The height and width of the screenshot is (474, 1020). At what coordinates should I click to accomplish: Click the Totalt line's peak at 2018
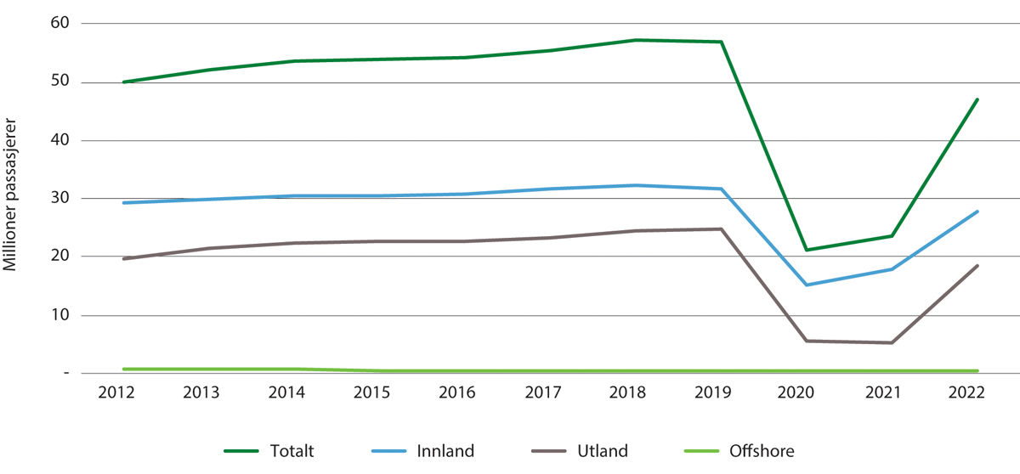(x=636, y=40)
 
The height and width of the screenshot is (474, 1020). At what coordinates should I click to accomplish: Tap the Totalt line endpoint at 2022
(x=977, y=99)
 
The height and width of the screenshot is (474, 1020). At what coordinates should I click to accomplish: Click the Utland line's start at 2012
(x=124, y=258)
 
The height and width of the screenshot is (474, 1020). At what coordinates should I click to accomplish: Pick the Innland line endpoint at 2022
(x=977, y=212)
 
